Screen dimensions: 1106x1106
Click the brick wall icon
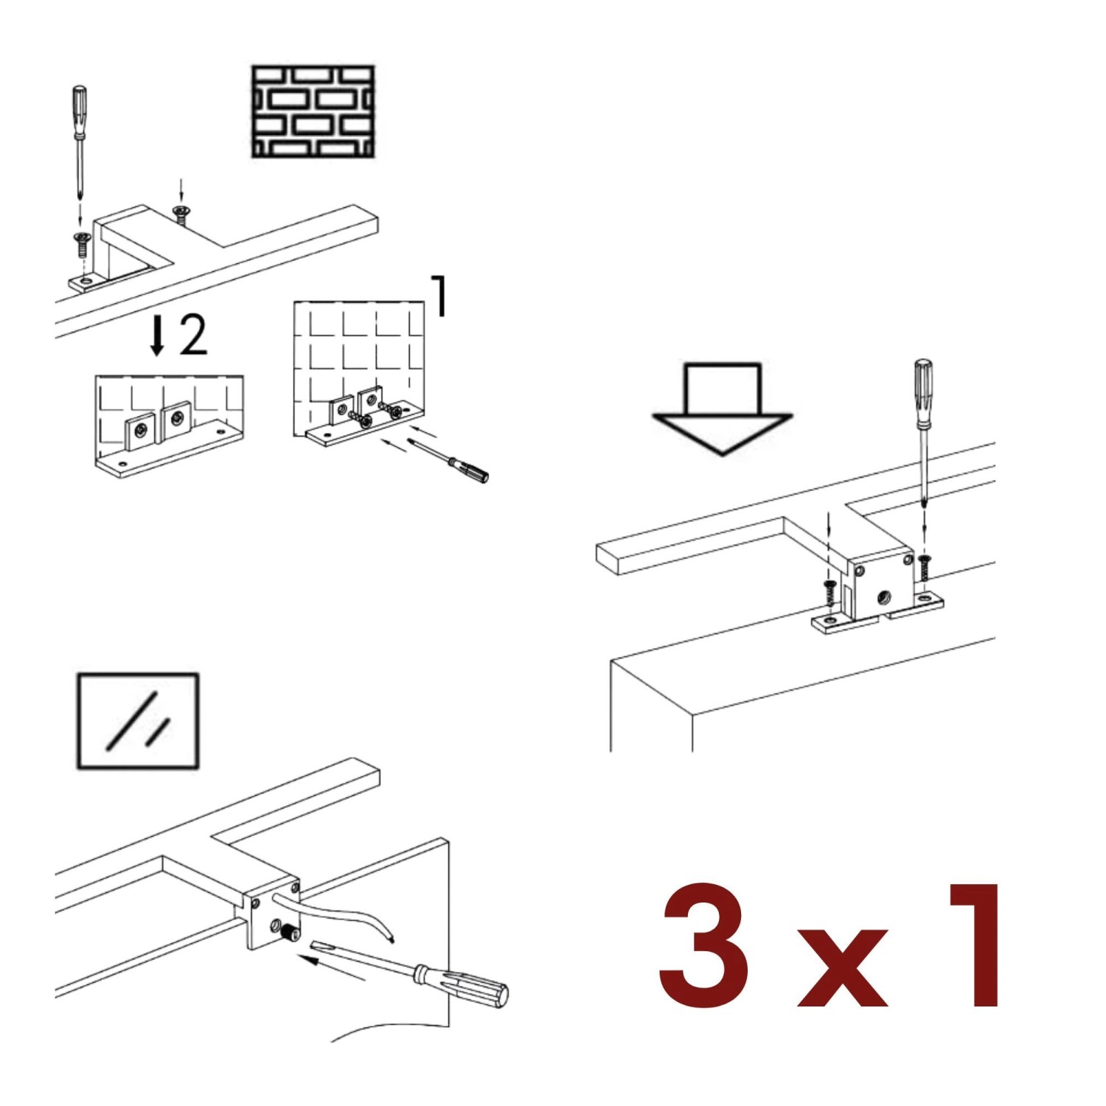313,111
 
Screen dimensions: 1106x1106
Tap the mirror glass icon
138,720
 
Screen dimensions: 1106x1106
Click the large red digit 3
705,945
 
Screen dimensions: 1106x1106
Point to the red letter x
843,967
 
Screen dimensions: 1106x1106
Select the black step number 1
439,296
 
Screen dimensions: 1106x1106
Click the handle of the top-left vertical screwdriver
79,111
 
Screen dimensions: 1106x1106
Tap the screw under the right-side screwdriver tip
925,568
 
